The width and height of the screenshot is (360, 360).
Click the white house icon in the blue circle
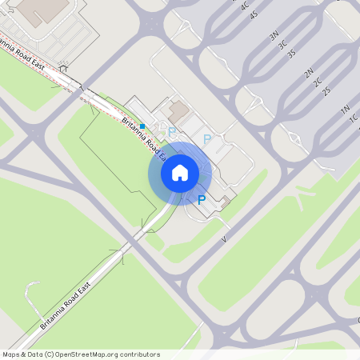(x=180, y=172)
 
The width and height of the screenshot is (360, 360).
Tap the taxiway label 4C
(x=245, y=6)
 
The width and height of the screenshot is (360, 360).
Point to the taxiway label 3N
(x=274, y=36)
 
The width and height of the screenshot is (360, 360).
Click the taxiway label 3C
(x=282, y=45)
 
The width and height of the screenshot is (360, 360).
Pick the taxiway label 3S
(x=291, y=54)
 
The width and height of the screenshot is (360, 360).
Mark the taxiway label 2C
(x=318, y=82)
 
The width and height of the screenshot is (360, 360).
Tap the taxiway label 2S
(x=326, y=90)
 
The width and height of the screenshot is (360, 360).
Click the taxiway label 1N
(x=346, y=109)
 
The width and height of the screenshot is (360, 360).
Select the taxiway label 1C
(x=354, y=118)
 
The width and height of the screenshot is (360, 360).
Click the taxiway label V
(x=225, y=239)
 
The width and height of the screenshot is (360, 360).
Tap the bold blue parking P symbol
(x=202, y=200)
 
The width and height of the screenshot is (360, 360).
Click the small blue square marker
(x=142, y=126)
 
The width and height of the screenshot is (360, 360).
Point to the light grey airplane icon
(x=304, y=196)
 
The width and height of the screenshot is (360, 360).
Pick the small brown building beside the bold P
(x=226, y=200)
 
